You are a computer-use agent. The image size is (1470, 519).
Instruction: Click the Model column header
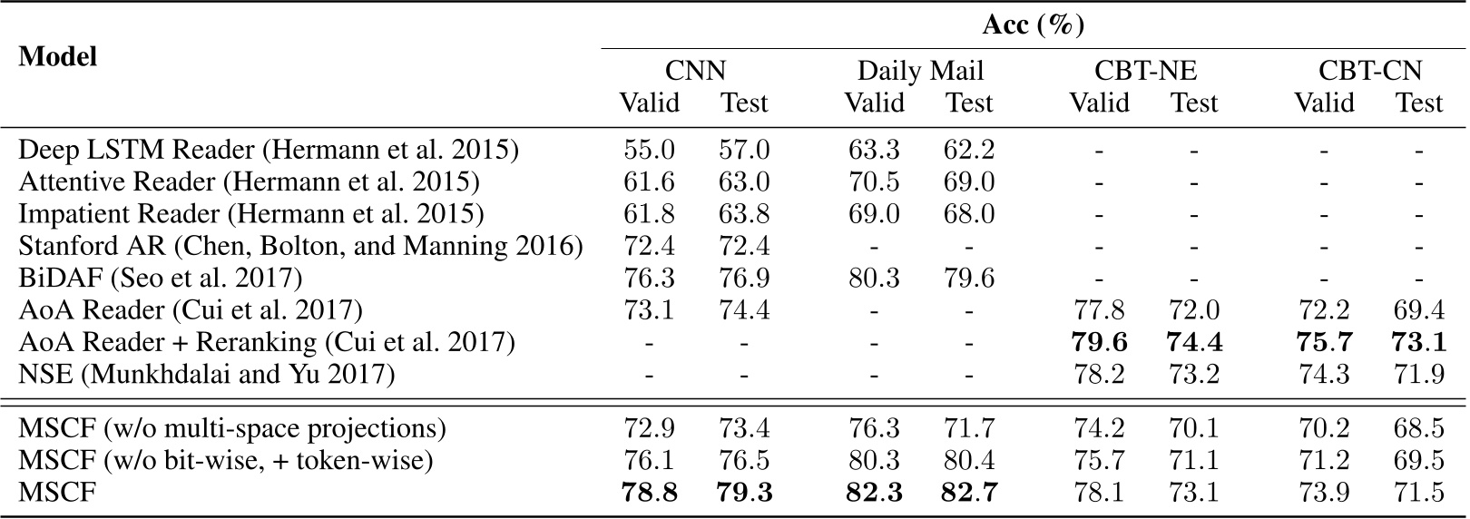click(x=58, y=56)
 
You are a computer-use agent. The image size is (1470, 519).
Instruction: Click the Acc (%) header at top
click(x=1033, y=24)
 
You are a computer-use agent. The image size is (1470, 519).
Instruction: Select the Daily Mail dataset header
click(x=920, y=71)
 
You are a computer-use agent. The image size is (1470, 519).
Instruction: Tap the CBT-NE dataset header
click(x=1145, y=71)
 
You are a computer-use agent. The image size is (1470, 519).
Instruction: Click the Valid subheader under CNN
click(x=649, y=103)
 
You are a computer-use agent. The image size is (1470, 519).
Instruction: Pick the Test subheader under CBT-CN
click(x=1419, y=103)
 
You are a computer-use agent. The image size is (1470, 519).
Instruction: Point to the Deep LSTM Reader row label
click(x=269, y=149)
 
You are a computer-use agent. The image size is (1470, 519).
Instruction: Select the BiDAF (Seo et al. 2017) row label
click(x=161, y=278)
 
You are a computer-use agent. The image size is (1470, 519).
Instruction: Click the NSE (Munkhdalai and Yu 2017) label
click(x=207, y=374)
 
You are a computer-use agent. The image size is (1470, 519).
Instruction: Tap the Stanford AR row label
click(x=300, y=246)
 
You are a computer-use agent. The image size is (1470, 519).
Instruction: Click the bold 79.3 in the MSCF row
click(x=744, y=493)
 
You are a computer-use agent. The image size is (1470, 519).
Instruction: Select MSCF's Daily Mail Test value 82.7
click(x=969, y=493)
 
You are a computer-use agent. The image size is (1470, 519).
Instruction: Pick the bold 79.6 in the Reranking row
click(x=1099, y=342)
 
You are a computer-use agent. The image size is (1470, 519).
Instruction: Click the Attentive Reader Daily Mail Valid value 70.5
click(x=874, y=181)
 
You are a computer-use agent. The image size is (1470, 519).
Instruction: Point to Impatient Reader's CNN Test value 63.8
click(x=744, y=214)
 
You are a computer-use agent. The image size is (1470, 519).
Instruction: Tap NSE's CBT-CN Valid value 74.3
click(x=1324, y=374)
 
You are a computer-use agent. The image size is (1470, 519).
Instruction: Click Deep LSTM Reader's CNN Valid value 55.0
click(x=649, y=149)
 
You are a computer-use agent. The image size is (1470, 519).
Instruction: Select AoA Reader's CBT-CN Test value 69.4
click(x=1419, y=310)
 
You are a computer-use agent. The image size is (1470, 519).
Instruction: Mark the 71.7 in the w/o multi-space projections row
click(x=969, y=428)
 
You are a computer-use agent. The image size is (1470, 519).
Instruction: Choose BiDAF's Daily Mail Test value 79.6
click(x=969, y=278)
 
